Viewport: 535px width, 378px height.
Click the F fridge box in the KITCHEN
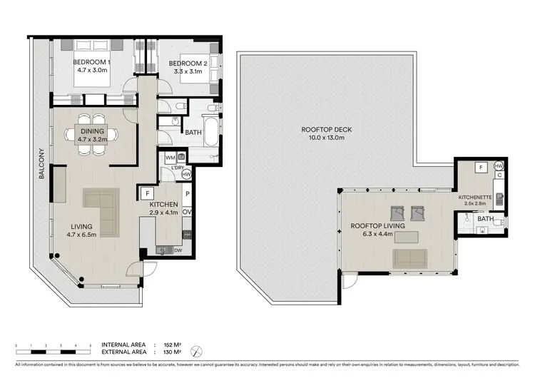(148, 193)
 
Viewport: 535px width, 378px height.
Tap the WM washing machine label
(170, 156)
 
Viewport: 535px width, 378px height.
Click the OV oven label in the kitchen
(187, 212)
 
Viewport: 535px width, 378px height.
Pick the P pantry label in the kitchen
(187, 193)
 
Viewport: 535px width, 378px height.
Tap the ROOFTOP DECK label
(322, 129)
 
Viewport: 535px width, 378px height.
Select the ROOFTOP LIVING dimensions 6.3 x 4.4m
(377, 235)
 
